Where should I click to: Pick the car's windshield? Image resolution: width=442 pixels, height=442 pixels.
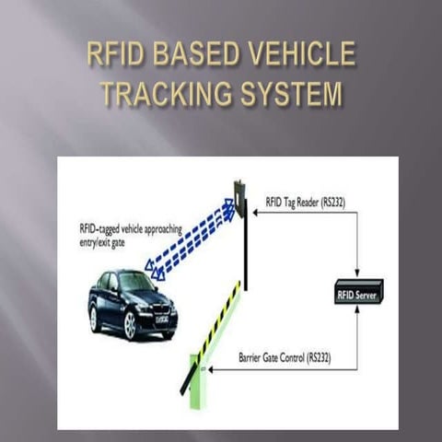click(138, 281)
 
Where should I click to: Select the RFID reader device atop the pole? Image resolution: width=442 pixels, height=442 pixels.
click(240, 199)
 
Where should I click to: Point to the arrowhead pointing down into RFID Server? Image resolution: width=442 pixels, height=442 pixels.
click(358, 275)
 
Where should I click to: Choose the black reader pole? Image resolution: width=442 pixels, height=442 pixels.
click(246, 249)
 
